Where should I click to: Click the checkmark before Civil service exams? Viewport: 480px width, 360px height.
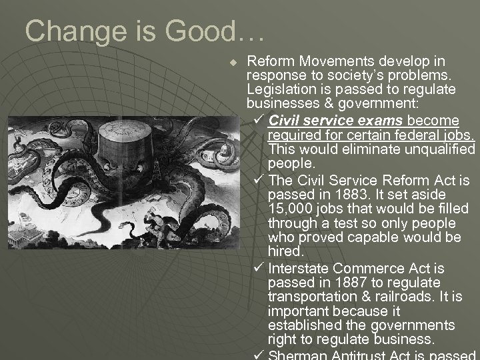[259, 121]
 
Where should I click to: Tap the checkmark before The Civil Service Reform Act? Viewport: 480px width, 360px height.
[259, 180]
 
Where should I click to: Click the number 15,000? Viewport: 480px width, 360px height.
[289, 209]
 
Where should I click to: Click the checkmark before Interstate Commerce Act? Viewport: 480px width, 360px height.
[259, 268]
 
